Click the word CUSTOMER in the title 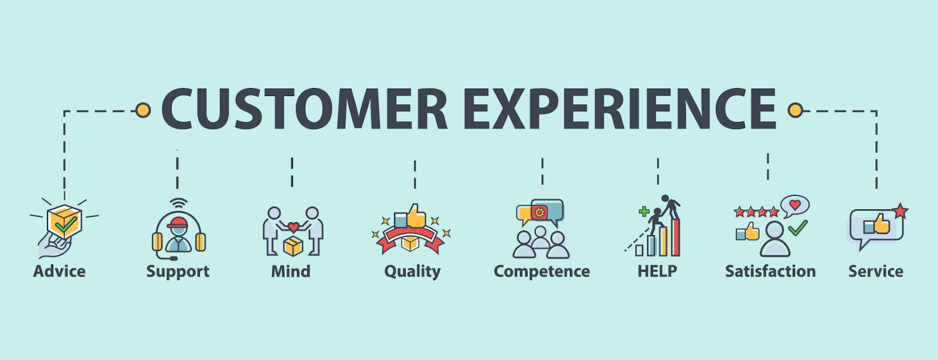305,109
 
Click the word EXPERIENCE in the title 620,109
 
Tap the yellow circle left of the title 143,110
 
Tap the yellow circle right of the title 795,110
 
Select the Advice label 59,271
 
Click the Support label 178,272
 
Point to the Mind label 291,271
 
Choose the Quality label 413,272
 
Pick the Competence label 542,272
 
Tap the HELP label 657,271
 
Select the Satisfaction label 770,271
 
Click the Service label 876,271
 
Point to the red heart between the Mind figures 294,227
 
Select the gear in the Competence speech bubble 539,213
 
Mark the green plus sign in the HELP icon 644,212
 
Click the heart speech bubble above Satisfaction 795,206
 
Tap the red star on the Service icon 900,211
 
